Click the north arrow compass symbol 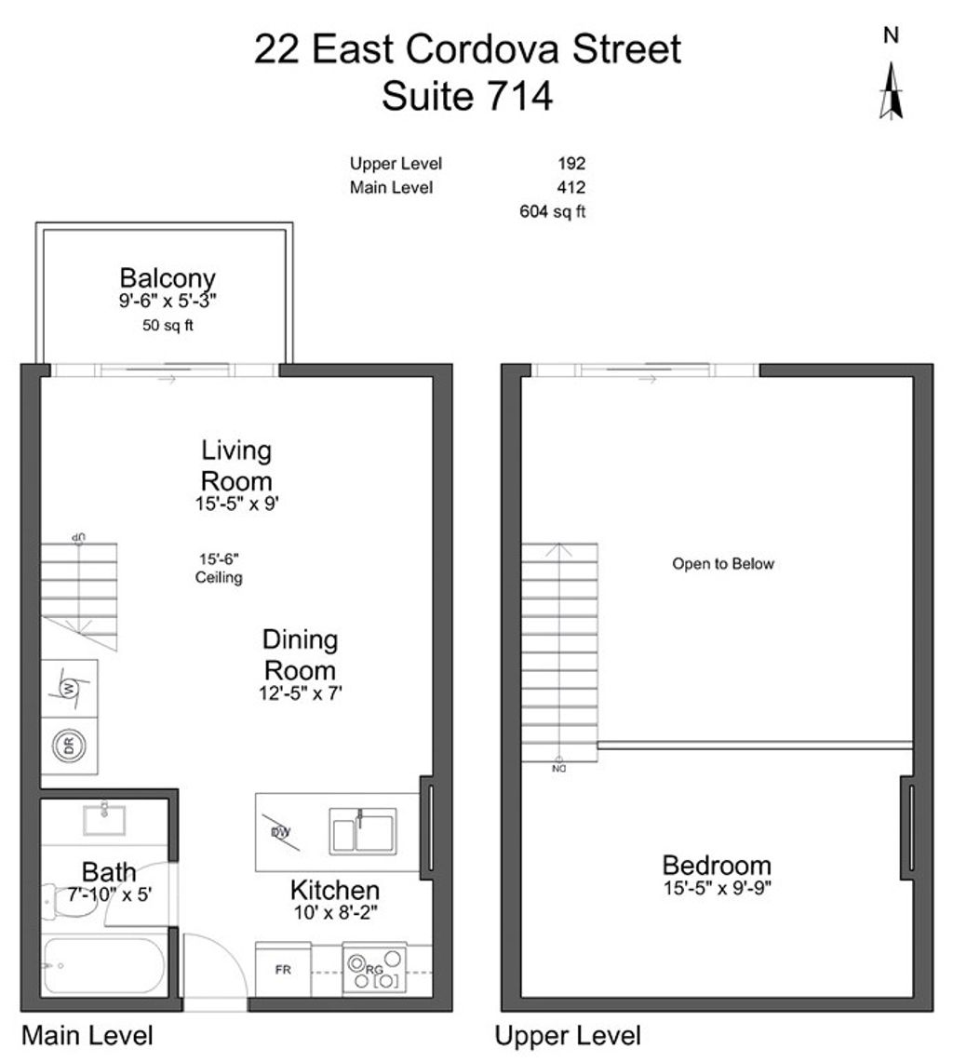pos(891,90)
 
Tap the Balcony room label pos(168,277)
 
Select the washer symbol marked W pos(69,689)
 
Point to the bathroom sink pos(104,819)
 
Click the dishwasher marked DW pos(278,830)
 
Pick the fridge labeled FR pos(283,970)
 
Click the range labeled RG pos(374,970)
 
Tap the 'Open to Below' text pos(723,564)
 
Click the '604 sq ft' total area pos(552,212)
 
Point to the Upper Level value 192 pos(571,164)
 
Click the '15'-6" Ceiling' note pos(219,569)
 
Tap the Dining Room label pos(300,654)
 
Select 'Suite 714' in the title pos(467,96)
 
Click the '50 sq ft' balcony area pos(168,325)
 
